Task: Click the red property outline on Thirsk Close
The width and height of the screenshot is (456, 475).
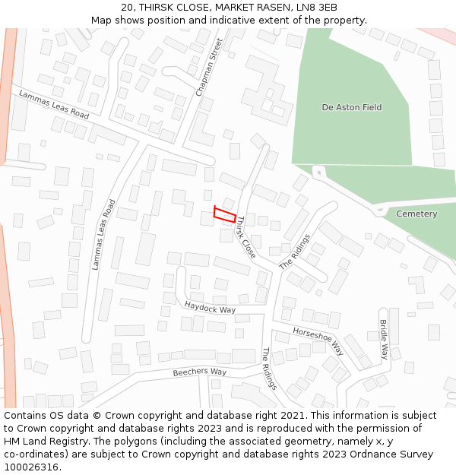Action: click(x=224, y=214)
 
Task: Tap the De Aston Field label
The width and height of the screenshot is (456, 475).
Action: click(x=352, y=108)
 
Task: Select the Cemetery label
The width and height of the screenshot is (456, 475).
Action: click(x=416, y=214)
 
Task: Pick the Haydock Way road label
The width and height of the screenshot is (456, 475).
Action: click(x=210, y=306)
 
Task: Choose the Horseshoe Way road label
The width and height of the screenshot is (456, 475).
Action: click(x=318, y=340)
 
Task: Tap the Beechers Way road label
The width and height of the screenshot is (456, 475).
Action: click(x=200, y=372)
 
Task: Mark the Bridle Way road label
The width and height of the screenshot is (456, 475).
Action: click(x=385, y=340)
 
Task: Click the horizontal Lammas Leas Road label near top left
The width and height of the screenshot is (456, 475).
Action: click(x=55, y=105)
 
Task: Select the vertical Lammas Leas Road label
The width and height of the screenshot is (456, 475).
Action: click(x=103, y=235)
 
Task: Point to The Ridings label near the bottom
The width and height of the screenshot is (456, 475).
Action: click(x=270, y=369)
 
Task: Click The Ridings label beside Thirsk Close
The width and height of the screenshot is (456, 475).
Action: click(x=296, y=252)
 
